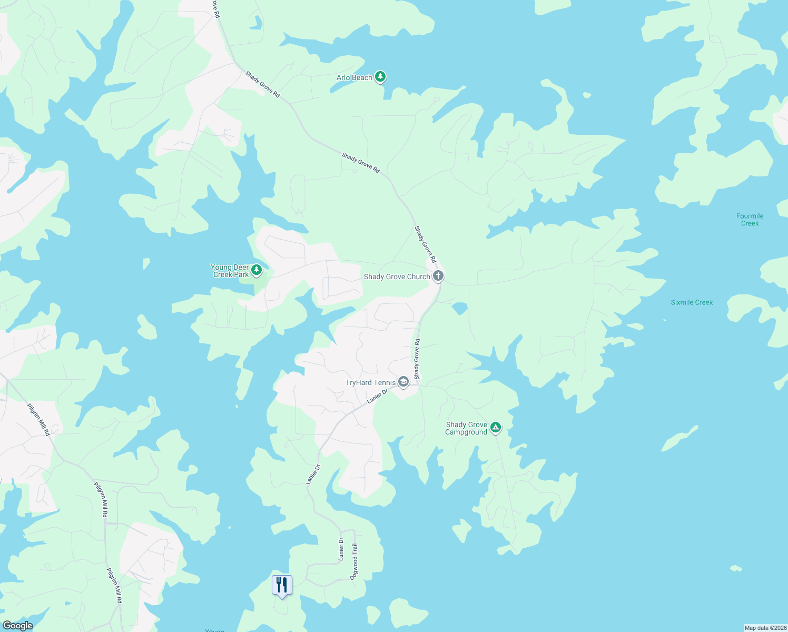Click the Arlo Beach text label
coord(354,78)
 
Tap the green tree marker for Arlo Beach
coord(380,77)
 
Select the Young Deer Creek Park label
coord(230,271)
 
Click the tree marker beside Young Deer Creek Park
coord(257,270)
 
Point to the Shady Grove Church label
coord(397,276)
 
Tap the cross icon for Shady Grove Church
coord(438,275)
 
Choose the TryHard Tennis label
coord(370,382)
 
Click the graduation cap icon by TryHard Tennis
coord(403,382)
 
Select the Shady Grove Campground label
coord(466,428)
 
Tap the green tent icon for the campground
coord(495,427)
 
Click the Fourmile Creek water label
coord(750,220)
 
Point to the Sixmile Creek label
coord(692,302)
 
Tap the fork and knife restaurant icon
coord(282,585)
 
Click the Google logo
coord(17,626)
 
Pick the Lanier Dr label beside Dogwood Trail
coord(341,549)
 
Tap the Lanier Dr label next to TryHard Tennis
coord(377,396)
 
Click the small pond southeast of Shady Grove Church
coord(459,308)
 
